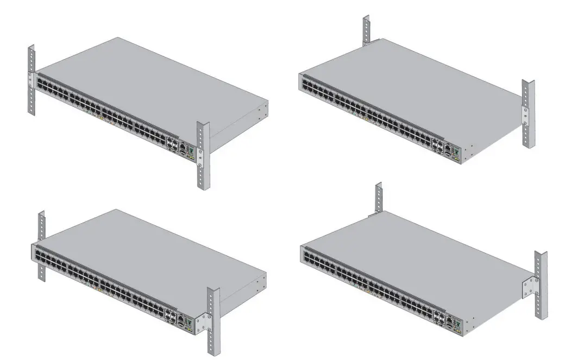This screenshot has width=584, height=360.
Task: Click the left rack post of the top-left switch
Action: (x=32, y=81)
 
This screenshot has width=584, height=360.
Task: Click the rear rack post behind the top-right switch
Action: (x=367, y=30)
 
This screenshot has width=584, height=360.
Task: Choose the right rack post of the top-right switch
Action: (x=528, y=114)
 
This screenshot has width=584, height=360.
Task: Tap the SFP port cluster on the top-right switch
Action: (x=437, y=146)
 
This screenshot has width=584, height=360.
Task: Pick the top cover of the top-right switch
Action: (x=413, y=81)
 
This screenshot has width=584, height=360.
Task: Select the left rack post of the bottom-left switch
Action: (x=41, y=244)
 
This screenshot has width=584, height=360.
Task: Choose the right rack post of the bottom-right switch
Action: (x=541, y=285)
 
